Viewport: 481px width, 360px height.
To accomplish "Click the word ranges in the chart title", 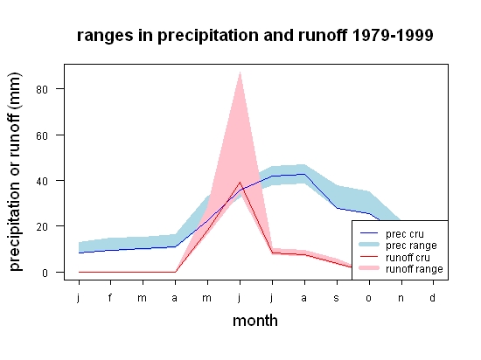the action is [x=105, y=36].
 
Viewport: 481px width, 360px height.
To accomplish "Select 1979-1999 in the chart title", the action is [x=393, y=35].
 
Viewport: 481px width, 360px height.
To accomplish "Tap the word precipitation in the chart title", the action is [x=208, y=36].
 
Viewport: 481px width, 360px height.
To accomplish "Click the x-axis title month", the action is [x=255, y=321].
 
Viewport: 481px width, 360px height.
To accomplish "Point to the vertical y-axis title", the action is [x=16, y=172].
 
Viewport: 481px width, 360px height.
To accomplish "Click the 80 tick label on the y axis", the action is [x=42, y=89].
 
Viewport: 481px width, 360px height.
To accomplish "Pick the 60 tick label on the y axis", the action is [x=42, y=135].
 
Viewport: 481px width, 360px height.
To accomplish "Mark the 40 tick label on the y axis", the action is [x=42, y=181].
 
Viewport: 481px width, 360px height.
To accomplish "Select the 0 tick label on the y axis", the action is [x=45, y=273].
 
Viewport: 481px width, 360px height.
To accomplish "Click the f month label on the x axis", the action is [x=110, y=297].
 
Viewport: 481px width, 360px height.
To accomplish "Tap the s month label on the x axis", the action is [x=337, y=298].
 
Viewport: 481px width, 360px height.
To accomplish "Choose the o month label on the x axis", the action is [x=369, y=298].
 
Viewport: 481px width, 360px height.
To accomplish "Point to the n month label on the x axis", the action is [x=401, y=298].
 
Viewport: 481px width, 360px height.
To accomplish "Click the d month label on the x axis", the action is [x=432, y=297].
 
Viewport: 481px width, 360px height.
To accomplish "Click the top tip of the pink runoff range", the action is [x=240, y=72].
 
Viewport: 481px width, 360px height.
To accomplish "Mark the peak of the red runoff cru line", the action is [x=240, y=183].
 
